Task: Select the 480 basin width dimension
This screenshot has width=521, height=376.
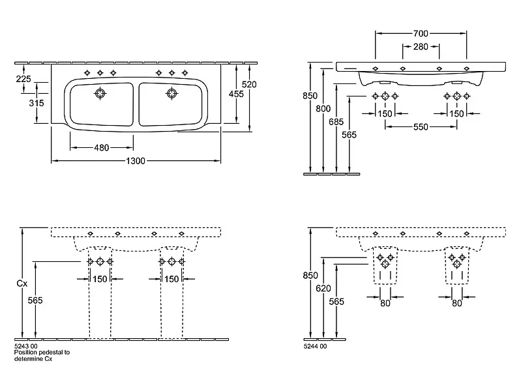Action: coord(101,147)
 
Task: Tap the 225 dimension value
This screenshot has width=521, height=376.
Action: coord(23,79)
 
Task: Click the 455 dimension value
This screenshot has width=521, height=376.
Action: coord(236,94)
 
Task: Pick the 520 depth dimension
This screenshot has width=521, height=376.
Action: coord(249,84)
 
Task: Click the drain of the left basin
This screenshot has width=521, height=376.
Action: coord(100,93)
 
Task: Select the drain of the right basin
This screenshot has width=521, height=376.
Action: coord(171,93)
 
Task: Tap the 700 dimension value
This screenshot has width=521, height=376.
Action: coord(421,32)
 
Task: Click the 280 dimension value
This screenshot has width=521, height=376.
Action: coord(421,46)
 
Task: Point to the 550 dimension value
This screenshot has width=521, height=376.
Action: coord(421,127)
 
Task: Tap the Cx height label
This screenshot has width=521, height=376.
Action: coord(22,283)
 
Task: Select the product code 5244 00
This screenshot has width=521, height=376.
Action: coord(316,347)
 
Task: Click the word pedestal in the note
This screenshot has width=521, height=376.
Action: coord(50,353)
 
